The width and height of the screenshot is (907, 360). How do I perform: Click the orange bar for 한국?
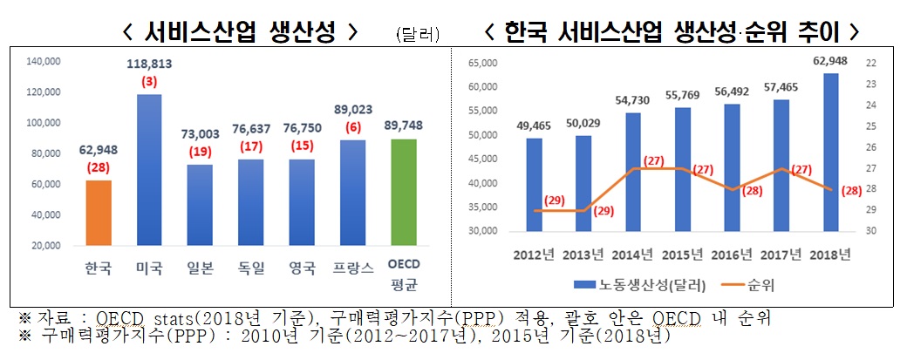pos(99,213)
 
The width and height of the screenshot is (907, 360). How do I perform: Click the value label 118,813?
pos(150,65)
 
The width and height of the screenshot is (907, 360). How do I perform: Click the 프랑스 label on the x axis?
pos(353,268)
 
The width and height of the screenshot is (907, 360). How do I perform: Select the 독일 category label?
pos(251,268)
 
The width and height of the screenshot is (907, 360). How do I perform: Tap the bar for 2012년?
pos(535,185)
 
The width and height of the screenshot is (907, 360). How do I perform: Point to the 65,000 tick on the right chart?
pos(482,63)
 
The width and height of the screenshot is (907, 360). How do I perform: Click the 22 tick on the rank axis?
pos(873,63)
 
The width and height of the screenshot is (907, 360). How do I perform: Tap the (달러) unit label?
pos(417,35)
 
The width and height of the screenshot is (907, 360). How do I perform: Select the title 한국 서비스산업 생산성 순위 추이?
pos(672,33)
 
